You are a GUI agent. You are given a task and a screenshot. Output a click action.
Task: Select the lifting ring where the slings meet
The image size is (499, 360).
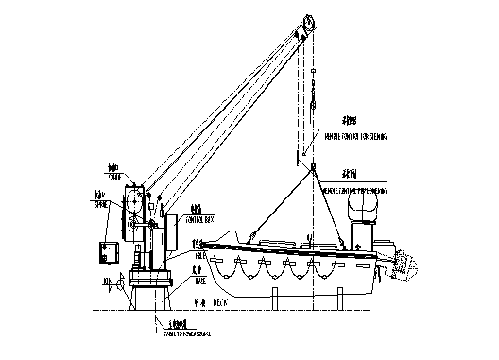click(x=311, y=167)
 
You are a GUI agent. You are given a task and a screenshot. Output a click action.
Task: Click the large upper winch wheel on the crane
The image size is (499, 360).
click(x=135, y=203)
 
